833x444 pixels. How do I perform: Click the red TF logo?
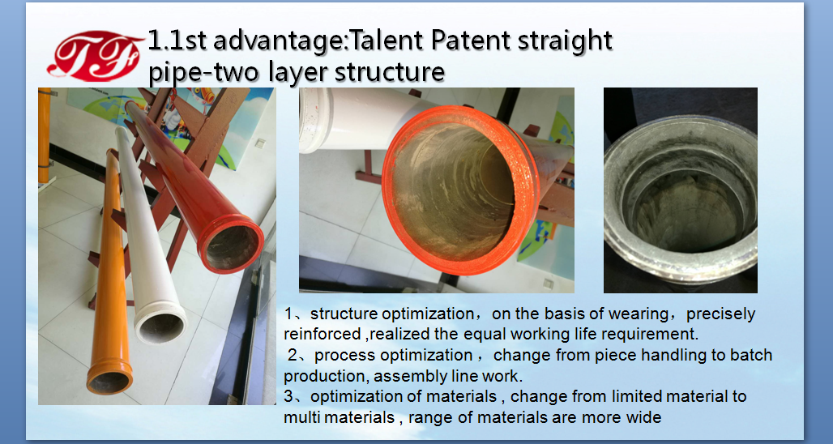(96, 56)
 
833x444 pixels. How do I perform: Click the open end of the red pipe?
(231, 245)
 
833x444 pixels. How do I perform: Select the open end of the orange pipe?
(109, 378)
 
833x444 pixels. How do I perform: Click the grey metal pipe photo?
(681, 190)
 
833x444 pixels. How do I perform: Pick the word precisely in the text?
(720, 314)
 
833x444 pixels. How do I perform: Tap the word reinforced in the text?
(314, 334)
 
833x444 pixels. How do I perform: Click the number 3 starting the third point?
(288, 396)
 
